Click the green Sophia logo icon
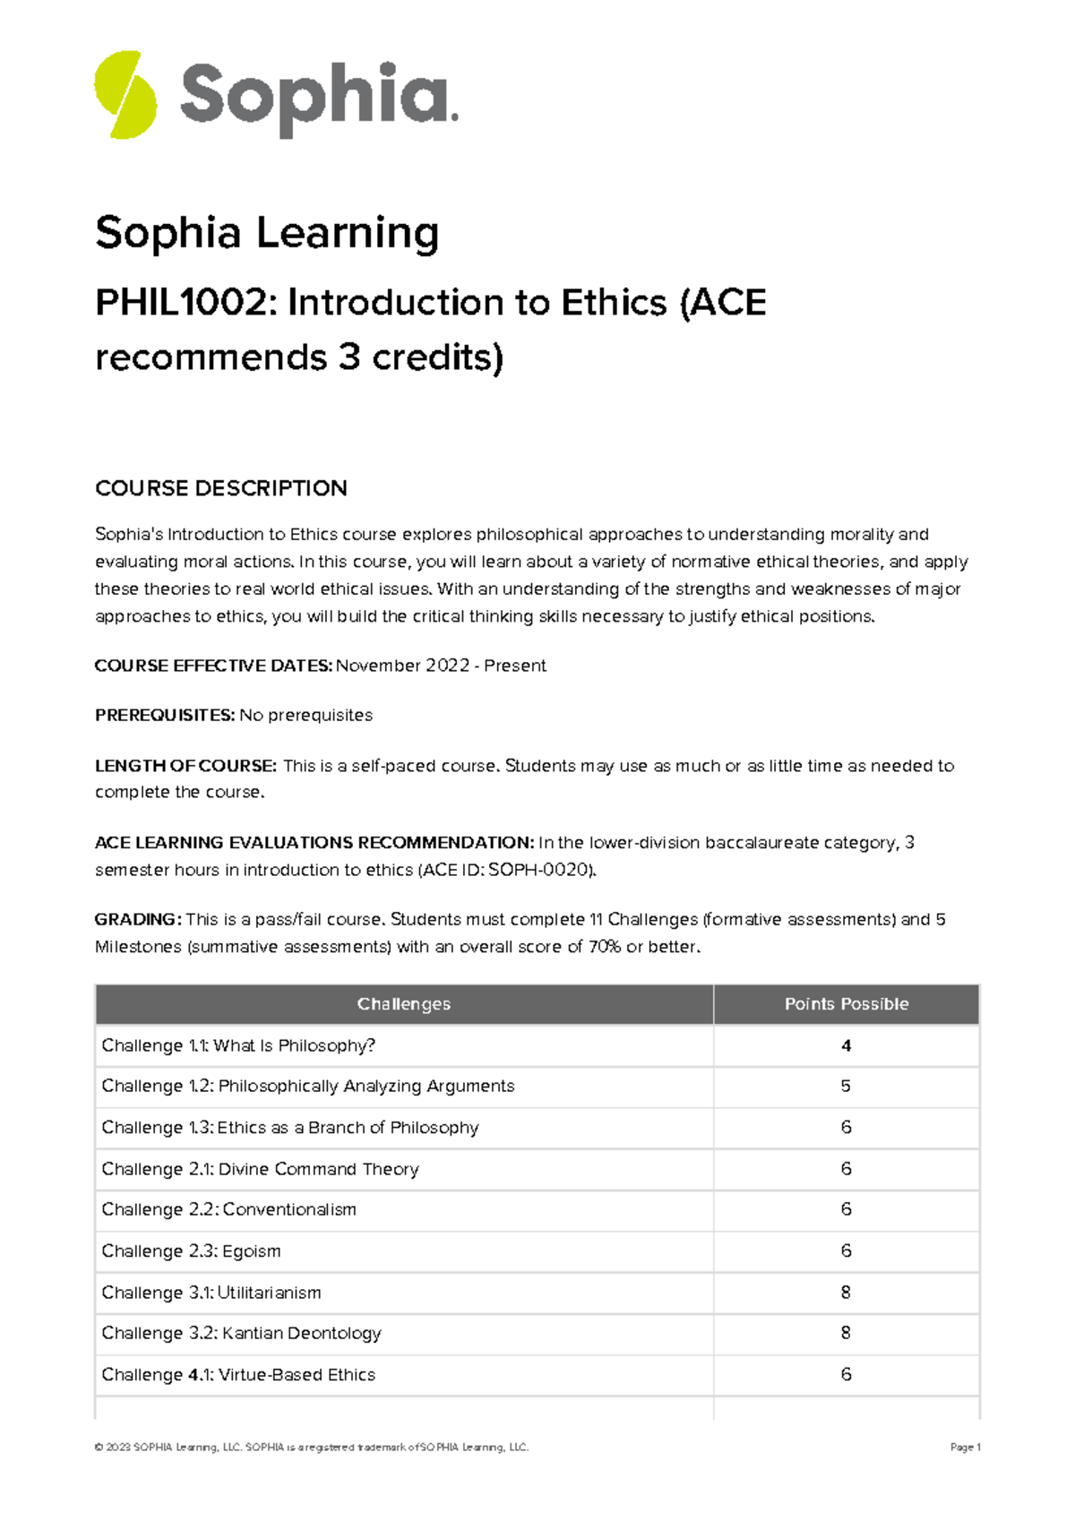(125, 95)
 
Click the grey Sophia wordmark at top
(317, 97)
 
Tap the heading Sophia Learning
(267, 233)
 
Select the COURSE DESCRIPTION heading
(220, 488)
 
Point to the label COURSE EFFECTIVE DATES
(213, 666)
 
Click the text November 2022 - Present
(441, 666)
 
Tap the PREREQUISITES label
(165, 715)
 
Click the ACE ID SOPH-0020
(537, 870)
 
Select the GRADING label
(138, 920)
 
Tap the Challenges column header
(403, 1004)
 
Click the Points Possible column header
(846, 1004)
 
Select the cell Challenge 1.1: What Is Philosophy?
(238, 1045)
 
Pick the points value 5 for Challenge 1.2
(846, 1087)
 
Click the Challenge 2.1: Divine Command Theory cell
(260, 1169)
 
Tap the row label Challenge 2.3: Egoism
(191, 1251)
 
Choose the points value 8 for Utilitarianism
(846, 1293)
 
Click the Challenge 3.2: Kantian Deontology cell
(241, 1333)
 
